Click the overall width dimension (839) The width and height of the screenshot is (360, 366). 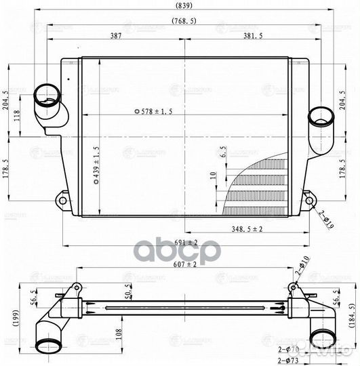(x=182, y=7)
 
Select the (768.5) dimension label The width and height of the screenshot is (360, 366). (x=185, y=21)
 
